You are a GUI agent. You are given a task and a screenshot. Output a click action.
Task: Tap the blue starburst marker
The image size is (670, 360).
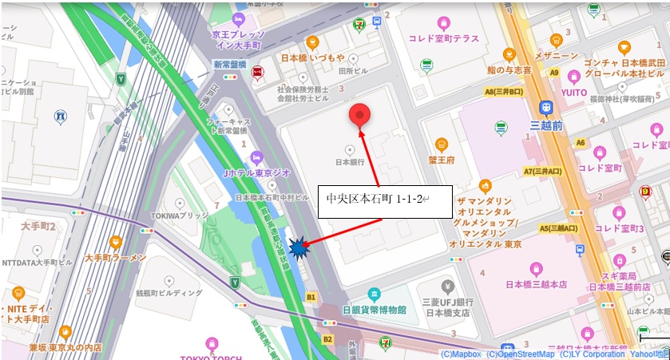tap(298, 249)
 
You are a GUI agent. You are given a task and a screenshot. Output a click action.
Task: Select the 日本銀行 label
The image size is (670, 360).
tap(350, 161)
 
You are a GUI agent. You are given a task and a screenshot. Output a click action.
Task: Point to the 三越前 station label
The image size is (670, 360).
tap(546, 125)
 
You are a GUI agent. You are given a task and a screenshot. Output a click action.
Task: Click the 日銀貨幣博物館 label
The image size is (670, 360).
tap(375, 309)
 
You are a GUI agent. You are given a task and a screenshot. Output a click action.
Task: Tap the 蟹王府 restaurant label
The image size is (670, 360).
tap(441, 160)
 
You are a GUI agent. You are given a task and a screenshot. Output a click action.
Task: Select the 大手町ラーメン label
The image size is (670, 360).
tap(115, 258)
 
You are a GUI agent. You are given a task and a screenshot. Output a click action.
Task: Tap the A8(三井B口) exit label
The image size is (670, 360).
tap(503, 92)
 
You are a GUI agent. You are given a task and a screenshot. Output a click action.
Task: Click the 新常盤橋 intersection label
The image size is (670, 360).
tap(230, 63)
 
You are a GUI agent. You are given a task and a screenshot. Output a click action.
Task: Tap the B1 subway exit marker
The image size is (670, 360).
tap(311, 296)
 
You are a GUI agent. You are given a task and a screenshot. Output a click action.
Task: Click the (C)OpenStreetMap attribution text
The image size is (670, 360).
tap(520, 354)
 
